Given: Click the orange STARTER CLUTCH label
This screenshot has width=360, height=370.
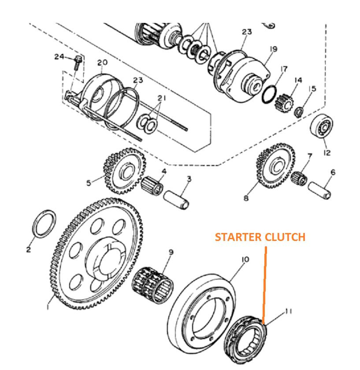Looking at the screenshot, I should (x=260, y=237).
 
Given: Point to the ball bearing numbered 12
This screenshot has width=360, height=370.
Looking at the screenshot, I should (x=323, y=127).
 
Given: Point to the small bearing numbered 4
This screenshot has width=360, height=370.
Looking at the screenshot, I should (x=153, y=185).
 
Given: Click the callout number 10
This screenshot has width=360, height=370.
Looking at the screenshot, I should (x=245, y=259).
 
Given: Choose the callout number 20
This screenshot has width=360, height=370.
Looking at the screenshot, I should (x=102, y=63).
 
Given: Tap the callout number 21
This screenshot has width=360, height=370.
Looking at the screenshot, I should (x=161, y=98).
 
